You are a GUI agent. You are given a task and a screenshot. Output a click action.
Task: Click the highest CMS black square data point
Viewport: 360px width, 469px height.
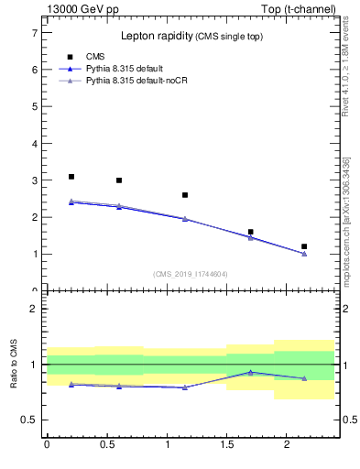71,177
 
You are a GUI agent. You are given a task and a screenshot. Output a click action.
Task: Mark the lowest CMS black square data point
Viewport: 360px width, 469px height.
304,246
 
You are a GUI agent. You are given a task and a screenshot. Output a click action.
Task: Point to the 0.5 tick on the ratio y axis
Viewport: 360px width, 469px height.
29,420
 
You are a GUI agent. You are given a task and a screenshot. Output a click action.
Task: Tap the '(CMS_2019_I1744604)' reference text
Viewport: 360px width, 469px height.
191,274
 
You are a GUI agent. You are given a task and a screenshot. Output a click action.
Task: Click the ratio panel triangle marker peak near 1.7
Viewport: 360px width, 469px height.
250,372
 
